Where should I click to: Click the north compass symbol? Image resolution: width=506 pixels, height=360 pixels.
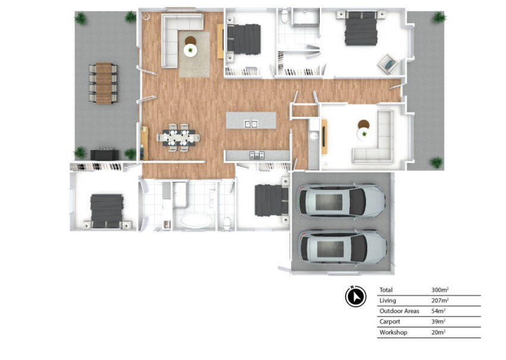(x=355, y=296)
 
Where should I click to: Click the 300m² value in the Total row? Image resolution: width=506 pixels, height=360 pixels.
(x=440, y=290)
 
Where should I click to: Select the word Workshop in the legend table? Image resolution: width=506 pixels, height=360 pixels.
(x=393, y=332)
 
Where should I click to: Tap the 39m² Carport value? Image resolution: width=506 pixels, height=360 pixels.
(x=439, y=321)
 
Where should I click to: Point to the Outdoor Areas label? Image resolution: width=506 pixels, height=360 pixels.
(x=399, y=311)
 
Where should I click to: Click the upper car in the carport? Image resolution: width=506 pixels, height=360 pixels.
(x=342, y=202)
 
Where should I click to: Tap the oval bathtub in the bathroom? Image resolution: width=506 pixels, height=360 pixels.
(x=196, y=221)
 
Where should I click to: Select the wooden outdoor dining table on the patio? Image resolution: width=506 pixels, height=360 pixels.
(x=104, y=83)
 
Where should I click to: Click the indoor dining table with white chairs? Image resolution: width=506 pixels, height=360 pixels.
(x=179, y=137)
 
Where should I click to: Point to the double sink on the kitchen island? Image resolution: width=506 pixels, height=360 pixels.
(x=251, y=124)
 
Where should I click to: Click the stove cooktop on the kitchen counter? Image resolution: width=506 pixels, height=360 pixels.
(x=257, y=155)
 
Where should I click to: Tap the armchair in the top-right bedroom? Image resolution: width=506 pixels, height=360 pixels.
(x=388, y=64)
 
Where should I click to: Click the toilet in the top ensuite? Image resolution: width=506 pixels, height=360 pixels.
(x=284, y=16)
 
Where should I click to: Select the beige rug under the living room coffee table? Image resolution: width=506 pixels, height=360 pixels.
(x=194, y=54)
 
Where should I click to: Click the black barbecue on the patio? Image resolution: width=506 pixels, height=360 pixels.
(x=104, y=154)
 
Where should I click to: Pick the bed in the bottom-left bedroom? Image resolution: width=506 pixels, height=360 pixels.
(x=107, y=212)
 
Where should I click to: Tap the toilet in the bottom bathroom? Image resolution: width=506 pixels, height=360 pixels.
(x=227, y=224)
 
